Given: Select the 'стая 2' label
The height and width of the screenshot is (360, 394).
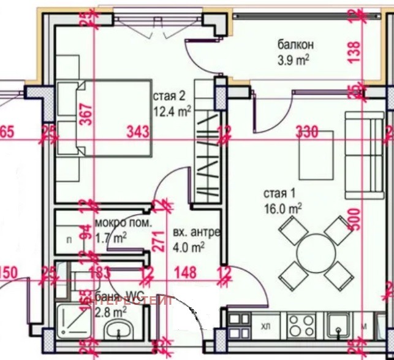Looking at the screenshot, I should coord(169,96).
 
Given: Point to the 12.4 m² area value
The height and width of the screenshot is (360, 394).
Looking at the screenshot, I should coord(172,110).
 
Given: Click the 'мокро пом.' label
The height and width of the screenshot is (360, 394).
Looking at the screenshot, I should coord(123,223).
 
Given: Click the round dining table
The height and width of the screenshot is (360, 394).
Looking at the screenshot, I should coord(314,252).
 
